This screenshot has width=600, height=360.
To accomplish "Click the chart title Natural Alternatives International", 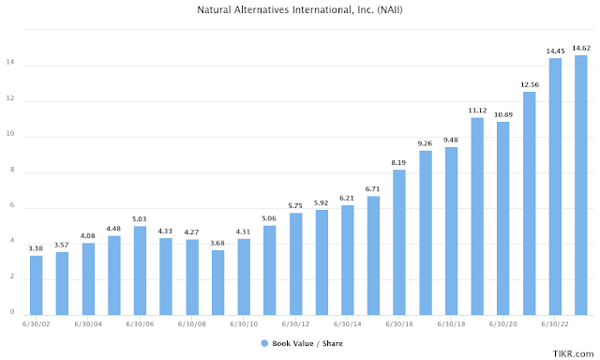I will click(x=299, y=11).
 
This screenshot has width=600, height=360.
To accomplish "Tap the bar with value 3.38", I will click(x=37, y=285).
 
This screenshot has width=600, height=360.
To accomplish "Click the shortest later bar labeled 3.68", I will click(x=217, y=282).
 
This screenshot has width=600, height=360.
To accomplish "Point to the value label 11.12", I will click(x=477, y=109).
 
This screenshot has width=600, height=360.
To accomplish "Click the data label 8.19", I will click(x=399, y=161).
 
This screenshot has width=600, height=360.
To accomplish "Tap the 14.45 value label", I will click(x=555, y=50).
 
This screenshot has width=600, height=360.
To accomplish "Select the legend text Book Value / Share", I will click(x=304, y=344).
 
